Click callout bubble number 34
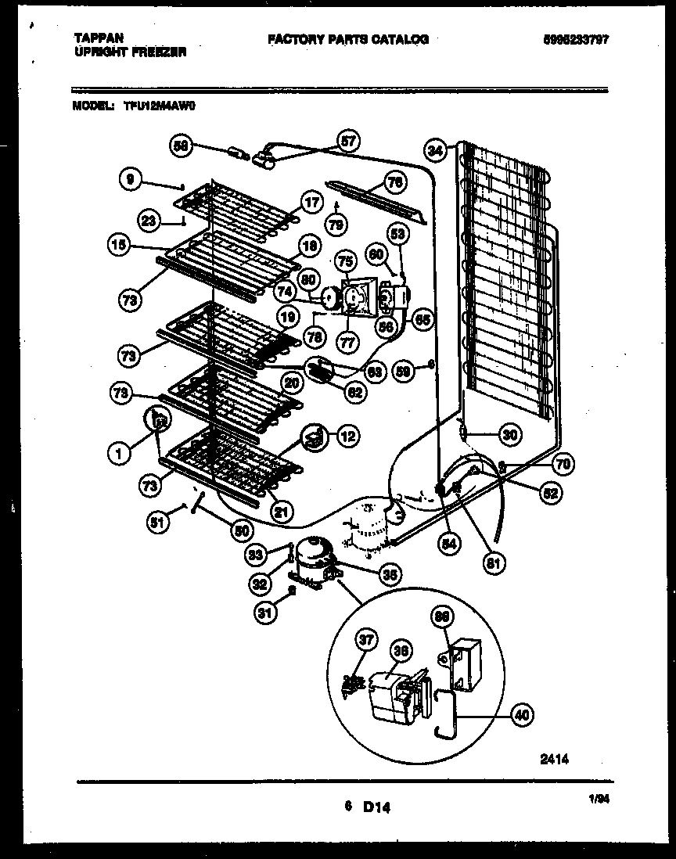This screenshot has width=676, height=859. [436, 149]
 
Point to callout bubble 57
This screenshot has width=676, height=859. [347, 142]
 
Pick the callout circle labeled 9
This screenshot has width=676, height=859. [131, 179]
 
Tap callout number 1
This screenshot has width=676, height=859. [120, 451]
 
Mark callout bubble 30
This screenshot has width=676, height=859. [510, 435]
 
